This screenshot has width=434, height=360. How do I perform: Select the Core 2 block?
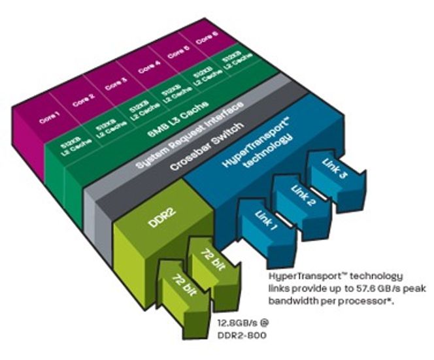(x=84, y=100)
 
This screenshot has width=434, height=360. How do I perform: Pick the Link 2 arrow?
(x=303, y=198)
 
